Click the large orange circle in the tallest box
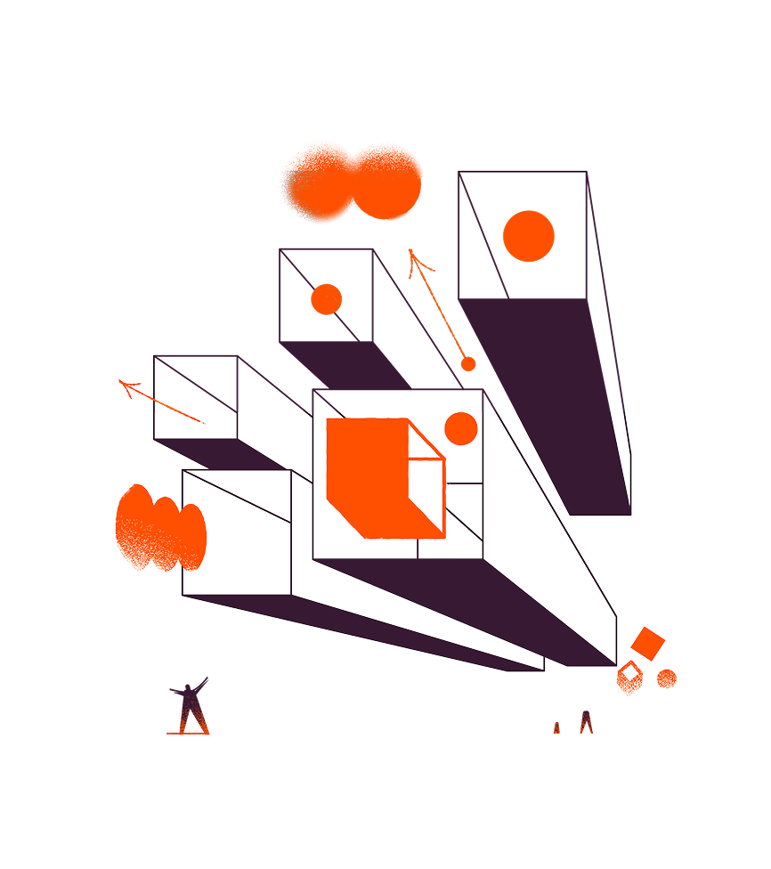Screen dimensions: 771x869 tap(529, 236)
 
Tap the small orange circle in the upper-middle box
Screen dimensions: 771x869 tap(327, 299)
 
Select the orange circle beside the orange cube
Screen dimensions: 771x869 tap(461, 428)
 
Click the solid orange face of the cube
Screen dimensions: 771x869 tap(365, 472)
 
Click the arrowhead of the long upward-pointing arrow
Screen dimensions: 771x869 tap(414, 259)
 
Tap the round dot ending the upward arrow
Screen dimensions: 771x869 tap(468, 363)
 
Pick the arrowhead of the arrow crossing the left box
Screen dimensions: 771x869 tap(129, 387)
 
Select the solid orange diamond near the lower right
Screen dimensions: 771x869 tap(647, 643)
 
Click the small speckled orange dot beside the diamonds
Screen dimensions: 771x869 tap(666, 678)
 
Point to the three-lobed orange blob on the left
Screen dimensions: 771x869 tap(160, 528)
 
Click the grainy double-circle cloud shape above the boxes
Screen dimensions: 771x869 tap(352, 181)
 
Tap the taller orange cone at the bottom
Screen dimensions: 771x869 tap(585, 722)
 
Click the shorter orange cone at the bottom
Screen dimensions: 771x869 tap(557, 727)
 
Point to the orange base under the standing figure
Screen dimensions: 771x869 tap(188, 732)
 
